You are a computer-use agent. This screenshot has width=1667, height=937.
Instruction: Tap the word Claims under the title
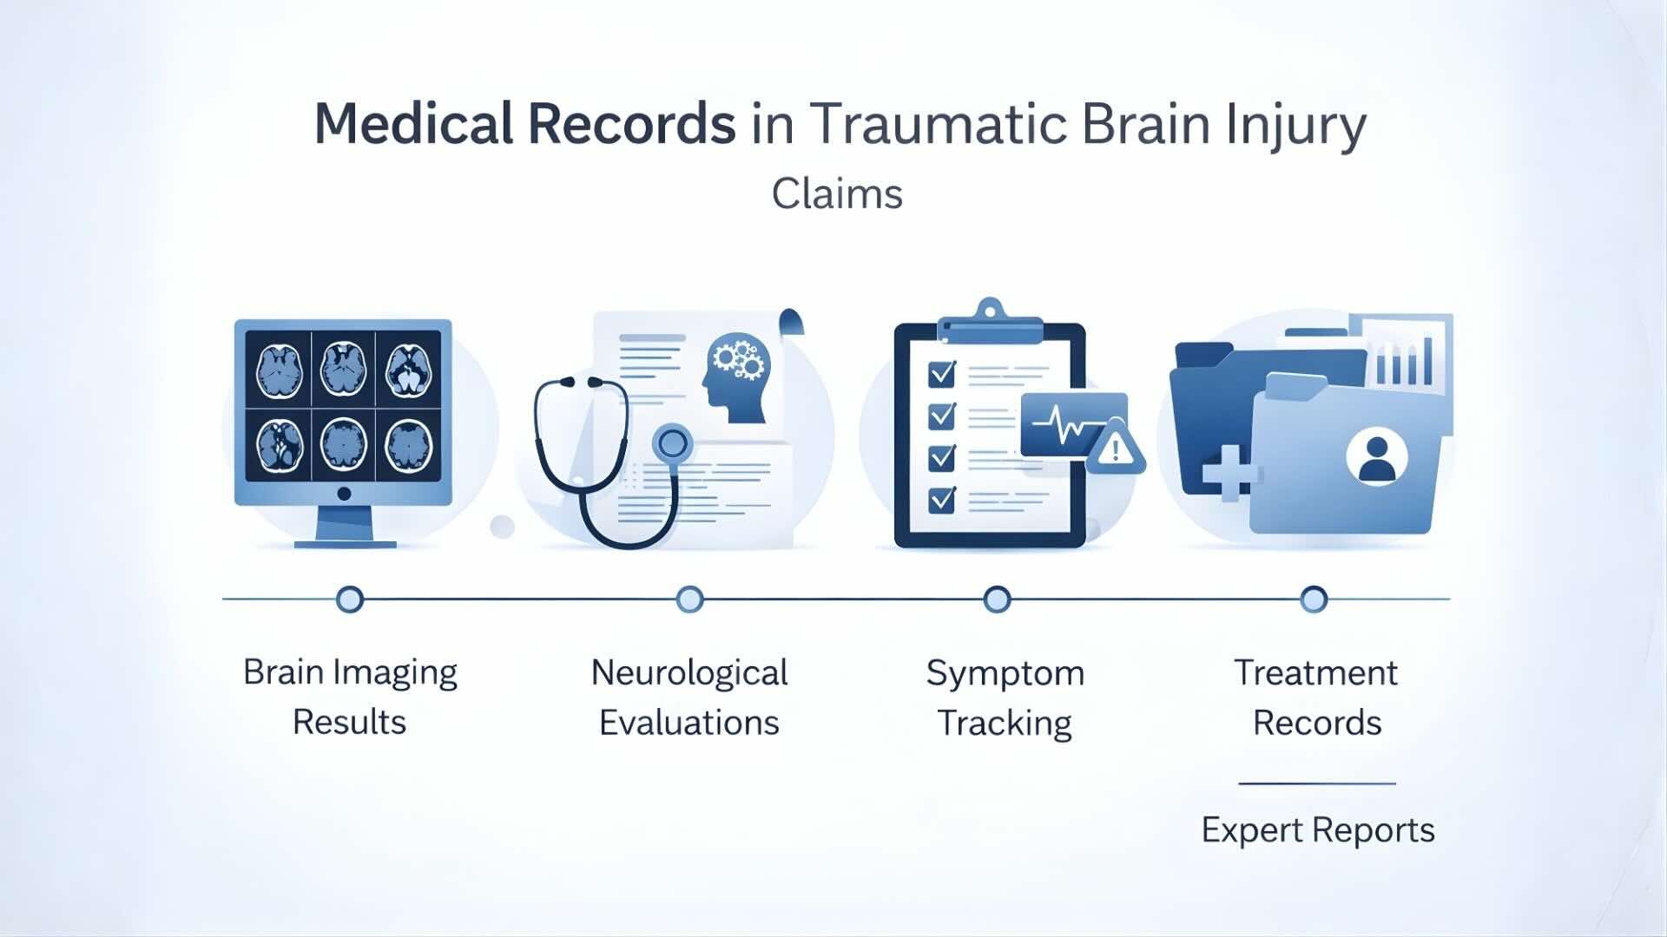(837, 193)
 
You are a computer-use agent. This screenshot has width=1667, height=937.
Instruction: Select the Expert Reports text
(1317, 830)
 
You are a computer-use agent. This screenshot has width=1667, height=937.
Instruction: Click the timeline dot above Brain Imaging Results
(349, 600)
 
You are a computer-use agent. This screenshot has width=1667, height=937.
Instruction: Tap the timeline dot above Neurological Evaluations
(689, 600)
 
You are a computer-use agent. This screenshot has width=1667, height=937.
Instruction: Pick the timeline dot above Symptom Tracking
(997, 600)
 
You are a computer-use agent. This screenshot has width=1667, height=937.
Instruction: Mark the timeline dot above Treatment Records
(1314, 600)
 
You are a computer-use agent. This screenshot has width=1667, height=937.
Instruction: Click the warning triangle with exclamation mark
(1116, 448)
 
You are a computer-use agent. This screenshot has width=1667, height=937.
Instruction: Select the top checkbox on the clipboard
(942, 374)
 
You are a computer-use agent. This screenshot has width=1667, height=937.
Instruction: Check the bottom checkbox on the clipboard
(942, 500)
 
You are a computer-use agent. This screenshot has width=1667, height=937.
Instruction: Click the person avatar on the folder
(1376, 458)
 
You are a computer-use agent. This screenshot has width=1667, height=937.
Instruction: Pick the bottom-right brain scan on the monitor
(408, 445)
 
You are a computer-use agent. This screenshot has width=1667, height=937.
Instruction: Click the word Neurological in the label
(689, 673)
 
